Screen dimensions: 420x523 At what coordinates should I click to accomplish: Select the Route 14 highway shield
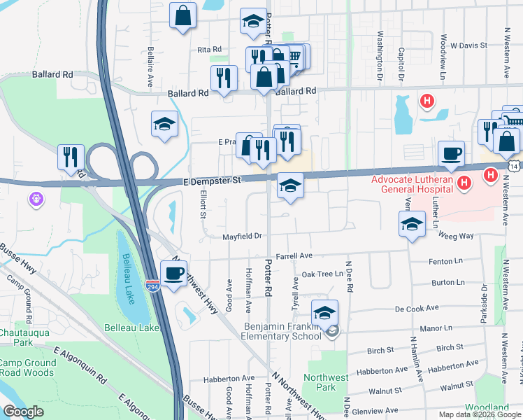click(515, 166)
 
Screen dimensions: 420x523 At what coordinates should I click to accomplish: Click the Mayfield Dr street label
click(242, 236)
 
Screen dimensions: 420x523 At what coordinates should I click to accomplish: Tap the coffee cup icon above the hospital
click(451, 153)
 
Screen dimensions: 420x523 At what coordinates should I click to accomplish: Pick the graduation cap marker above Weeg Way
click(412, 225)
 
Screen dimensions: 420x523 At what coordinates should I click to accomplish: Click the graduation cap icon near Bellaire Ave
click(164, 125)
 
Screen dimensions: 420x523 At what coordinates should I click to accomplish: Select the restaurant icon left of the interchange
click(71, 157)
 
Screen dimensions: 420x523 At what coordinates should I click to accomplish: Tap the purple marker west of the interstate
click(37, 200)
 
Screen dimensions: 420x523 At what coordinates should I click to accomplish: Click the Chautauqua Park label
click(24, 337)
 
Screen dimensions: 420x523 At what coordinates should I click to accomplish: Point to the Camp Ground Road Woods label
click(28, 368)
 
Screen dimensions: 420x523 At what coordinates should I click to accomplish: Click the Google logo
click(23, 412)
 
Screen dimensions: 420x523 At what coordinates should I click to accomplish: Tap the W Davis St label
click(468, 45)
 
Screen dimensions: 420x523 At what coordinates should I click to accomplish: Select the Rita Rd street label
click(209, 50)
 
